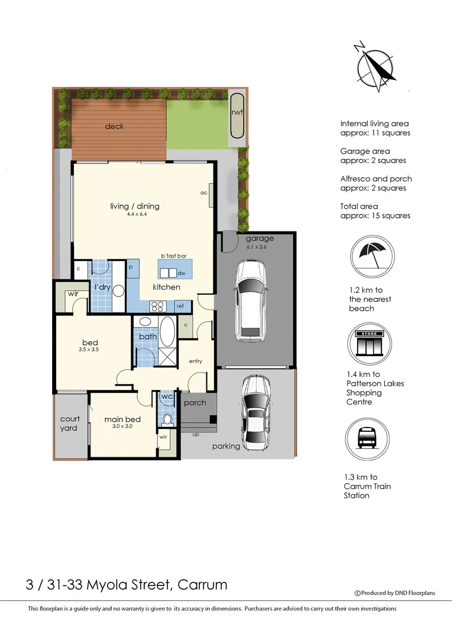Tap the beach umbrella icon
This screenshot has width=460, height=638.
372,256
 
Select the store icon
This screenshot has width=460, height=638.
369,343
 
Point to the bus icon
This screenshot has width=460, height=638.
367,439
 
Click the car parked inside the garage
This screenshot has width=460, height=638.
251,301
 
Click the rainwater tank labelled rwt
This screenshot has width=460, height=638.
237,116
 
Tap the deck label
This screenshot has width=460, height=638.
114,126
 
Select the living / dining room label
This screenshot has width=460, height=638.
135,206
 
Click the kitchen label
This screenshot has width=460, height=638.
167,287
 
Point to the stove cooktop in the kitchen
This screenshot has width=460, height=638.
157,306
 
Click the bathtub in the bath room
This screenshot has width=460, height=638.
167,331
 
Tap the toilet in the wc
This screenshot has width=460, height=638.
167,418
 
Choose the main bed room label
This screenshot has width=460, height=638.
122,419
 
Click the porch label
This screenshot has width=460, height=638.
195,403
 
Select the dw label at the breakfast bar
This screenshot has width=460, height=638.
182,273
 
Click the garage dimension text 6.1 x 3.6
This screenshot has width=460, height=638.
257,247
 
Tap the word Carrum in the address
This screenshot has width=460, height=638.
202,585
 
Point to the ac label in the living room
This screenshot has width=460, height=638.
204,193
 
